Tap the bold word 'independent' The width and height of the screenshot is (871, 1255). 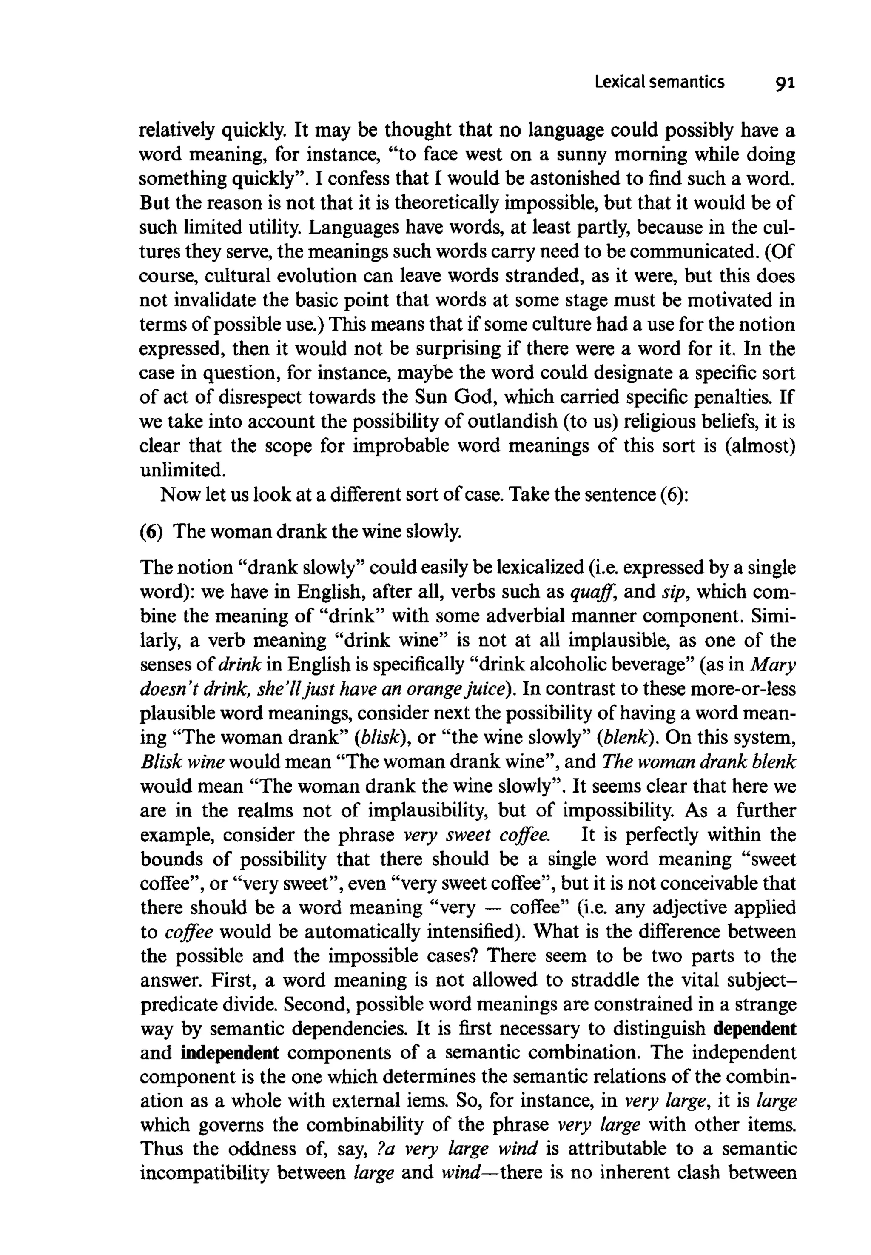tap(230, 1052)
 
